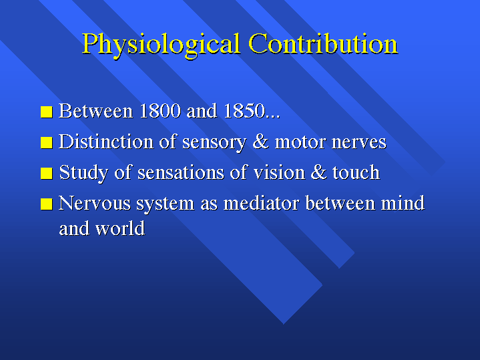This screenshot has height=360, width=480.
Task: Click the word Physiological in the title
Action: pyautogui.click(x=160, y=45)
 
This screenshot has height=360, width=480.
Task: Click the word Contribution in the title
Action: pyautogui.click(x=323, y=43)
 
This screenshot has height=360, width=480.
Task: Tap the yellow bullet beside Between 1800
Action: pyautogui.click(x=47, y=112)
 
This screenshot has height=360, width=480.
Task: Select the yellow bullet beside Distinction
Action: pyautogui.click(x=47, y=143)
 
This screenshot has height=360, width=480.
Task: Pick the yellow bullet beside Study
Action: pyautogui.click(x=47, y=173)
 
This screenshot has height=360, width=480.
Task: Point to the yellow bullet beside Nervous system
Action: pyautogui.click(x=47, y=204)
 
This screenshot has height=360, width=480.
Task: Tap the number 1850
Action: pyautogui.click(x=244, y=111)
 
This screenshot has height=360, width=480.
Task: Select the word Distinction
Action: pyautogui.click(x=106, y=142)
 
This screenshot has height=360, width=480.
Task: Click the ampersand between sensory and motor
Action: pyautogui.click(x=261, y=142)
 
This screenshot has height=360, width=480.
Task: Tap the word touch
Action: pyautogui.click(x=356, y=172)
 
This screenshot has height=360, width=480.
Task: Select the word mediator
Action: pyautogui.click(x=261, y=203)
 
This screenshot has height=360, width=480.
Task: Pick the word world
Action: pyautogui.click(x=120, y=228)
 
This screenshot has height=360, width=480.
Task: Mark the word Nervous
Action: pyautogui.click(x=95, y=203)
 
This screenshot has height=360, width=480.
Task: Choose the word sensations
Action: pyautogui.click(x=181, y=173)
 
